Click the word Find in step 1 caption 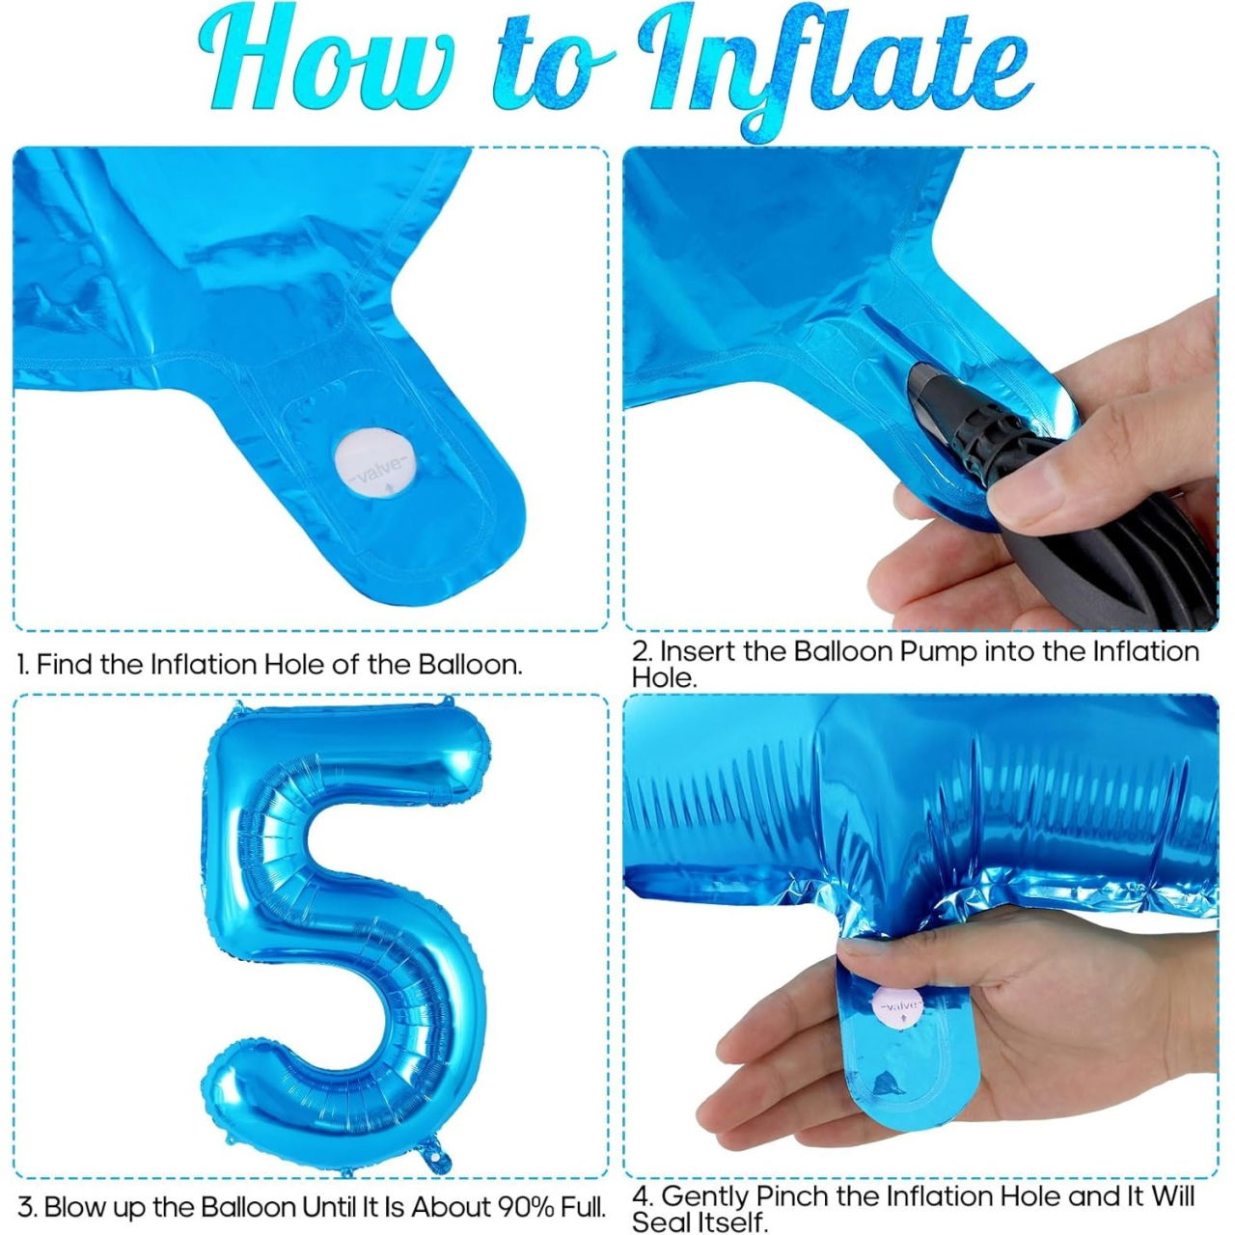tap(65, 664)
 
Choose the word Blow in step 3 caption tap(71, 1207)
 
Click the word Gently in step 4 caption tap(704, 1196)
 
